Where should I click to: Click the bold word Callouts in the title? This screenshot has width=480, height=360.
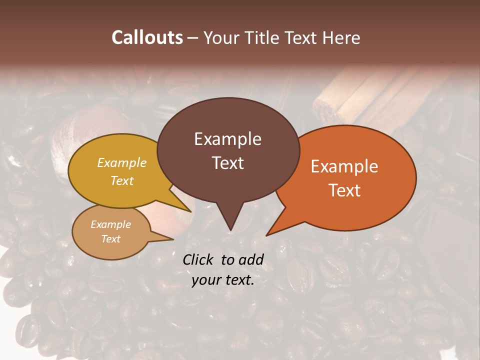(147, 37)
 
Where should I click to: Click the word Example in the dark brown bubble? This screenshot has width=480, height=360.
(227, 139)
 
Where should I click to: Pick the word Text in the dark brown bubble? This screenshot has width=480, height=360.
(227, 163)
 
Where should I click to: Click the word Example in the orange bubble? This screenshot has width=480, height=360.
(344, 166)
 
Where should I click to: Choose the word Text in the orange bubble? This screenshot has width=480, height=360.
(344, 190)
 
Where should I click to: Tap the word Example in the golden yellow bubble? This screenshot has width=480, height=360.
(122, 163)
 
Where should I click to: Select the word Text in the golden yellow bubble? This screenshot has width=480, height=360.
(122, 180)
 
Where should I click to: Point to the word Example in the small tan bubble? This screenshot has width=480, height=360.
(110, 224)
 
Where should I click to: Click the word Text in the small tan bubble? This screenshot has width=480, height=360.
(110, 239)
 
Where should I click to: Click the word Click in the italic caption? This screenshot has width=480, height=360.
(198, 259)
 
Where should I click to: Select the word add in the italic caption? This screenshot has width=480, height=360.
(251, 259)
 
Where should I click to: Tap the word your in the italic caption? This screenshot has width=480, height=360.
(204, 280)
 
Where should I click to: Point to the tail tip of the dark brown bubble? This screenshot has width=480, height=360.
(230, 229)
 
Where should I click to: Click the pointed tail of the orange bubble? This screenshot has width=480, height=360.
(268, 234)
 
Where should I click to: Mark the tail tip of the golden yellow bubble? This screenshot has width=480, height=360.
(190, 211)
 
